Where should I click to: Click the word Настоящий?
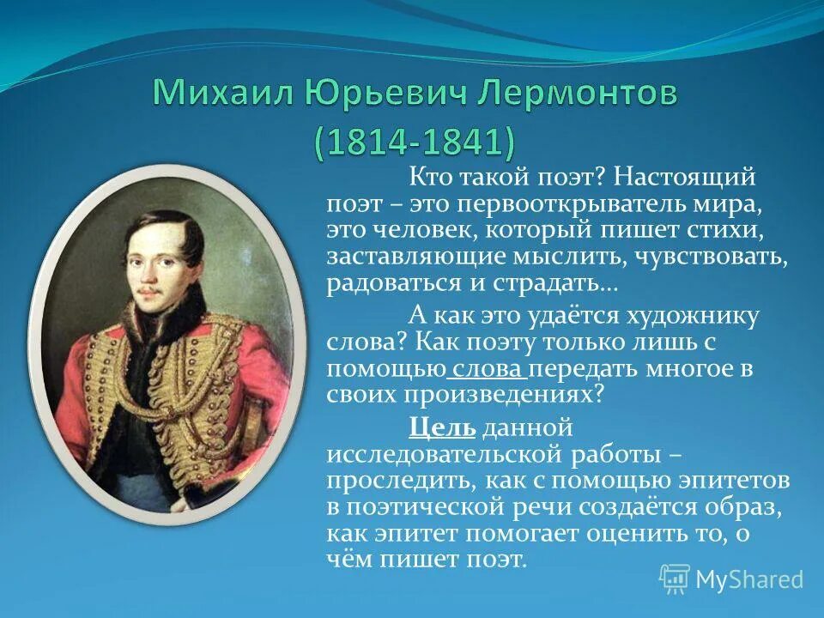[x=684, y=179]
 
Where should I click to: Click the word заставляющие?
[x=409, y=257]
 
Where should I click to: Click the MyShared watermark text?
[x=748, y=579]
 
